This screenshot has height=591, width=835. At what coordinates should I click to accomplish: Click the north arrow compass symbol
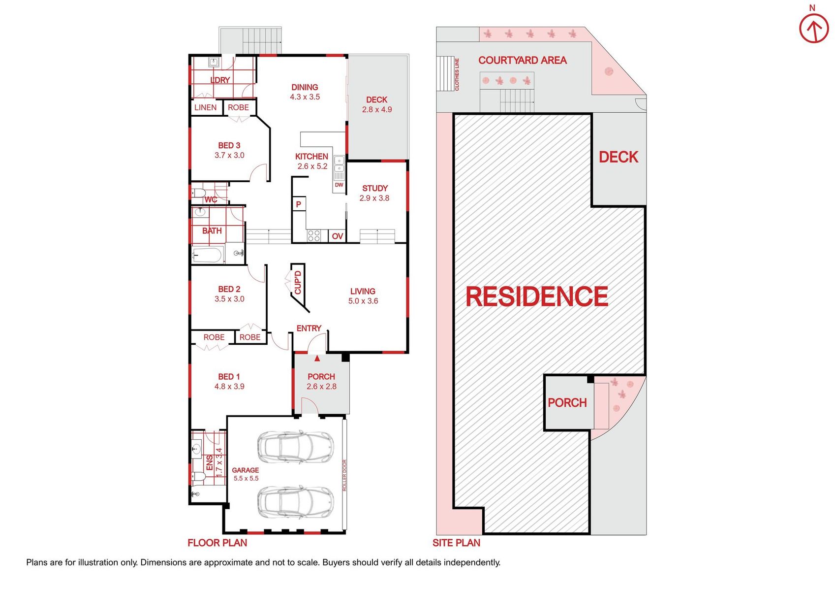[x=814, y=29]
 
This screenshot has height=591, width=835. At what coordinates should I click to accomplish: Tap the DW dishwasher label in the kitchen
[x=339, y=185]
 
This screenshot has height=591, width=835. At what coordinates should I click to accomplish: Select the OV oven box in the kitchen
[x=337, y=236]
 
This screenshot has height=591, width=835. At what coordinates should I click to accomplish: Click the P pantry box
[x=299, y=204]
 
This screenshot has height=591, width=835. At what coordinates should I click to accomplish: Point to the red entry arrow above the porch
[x=317, y=358]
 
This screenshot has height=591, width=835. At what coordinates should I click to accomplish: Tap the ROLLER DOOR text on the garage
[x=344, y=475]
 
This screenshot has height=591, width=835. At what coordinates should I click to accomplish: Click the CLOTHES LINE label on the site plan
[x=457, y=74]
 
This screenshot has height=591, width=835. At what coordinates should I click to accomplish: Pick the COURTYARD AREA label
[x=522, y=60]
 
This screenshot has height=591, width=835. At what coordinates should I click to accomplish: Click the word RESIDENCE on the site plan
[x=537, y=296]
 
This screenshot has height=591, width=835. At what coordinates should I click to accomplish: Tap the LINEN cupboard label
[x=205, y=107]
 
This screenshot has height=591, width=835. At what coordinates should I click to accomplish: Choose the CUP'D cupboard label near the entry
[x=298, y=282]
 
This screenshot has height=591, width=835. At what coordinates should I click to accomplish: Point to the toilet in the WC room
[x=198, y=193]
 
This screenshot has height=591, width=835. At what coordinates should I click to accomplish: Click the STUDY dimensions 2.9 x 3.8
[x=374, y=198]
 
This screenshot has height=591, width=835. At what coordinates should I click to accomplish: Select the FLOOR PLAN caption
[x=217, y=543]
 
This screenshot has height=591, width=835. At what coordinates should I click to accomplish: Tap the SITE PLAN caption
[x=456, y=543]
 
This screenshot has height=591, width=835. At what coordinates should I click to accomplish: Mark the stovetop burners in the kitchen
[x=313, y=236]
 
